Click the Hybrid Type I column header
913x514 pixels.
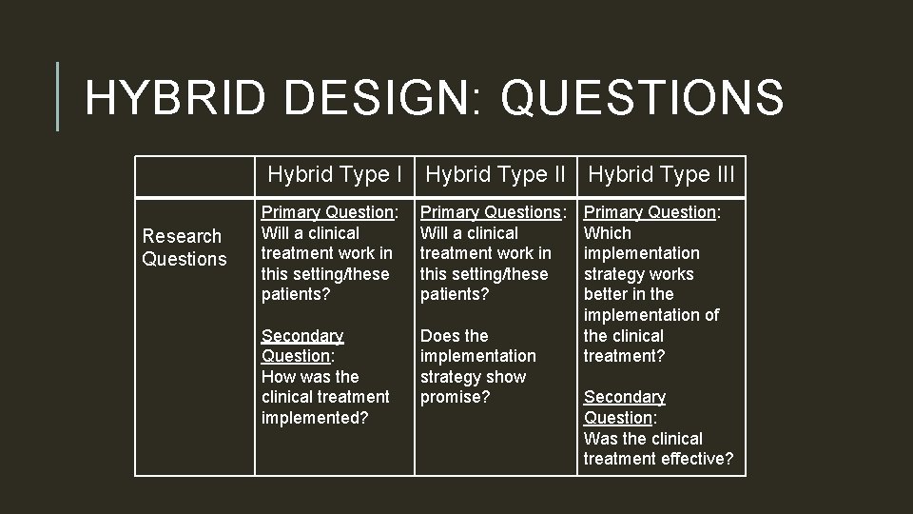(335, 175)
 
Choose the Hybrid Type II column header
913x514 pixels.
(495, 175)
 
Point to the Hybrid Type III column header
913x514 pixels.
(661, 175)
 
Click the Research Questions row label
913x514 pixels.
(184, 247)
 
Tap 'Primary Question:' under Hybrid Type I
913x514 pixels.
(328, 212)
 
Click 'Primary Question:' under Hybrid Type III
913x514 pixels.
(651, 212)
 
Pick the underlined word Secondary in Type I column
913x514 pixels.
(301, 335)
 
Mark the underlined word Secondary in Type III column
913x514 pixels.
(624, 397)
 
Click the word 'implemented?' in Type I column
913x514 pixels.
(314, 417)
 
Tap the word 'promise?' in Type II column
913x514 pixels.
(455, 397)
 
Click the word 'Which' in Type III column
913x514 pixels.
(607, 233)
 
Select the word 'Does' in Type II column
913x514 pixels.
(440, 335)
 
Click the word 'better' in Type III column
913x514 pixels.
(607, 294)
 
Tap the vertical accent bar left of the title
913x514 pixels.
(58, 96)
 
